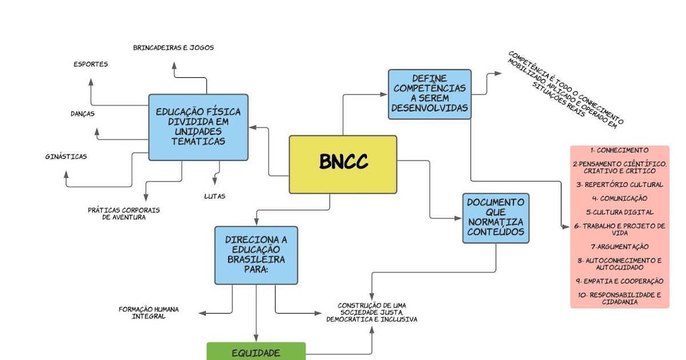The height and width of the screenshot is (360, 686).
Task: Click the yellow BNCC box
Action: click(x=342, y=164)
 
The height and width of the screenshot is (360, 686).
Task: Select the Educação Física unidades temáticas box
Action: click(x=198, y=127)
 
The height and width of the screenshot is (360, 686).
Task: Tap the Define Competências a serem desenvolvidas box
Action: click(x=429, y=94)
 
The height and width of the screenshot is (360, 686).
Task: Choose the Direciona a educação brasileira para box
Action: click(x=256, y=255)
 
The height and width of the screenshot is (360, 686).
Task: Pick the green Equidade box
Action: click(x=256, y=353)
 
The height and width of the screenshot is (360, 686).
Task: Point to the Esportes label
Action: click(x=90, y=64)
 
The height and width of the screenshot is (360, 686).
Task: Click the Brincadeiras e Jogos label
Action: click(x=173, y=48)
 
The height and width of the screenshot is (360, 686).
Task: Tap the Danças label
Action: click(x=82, y=114)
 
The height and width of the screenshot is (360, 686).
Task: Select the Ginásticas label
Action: click(x=66, y=157)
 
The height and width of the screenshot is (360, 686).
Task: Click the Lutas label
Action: click(x=214, y=197)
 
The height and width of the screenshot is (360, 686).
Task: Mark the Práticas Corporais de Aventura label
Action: click(x=123, y=213)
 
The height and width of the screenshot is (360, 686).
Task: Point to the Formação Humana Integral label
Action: click(x=149, y=313)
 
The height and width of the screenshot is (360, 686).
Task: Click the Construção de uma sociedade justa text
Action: click(x=372, y=313)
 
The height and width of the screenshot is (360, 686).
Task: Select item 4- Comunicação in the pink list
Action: click(x=620, y=198)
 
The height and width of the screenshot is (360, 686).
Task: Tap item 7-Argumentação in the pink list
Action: click(x=620, y=246)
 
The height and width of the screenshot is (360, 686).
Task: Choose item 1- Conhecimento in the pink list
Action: click(x=620, y=150)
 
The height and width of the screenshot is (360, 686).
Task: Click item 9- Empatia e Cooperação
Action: click(x=620, y=281)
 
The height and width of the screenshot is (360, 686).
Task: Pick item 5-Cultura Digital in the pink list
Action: click(x=620, y=212)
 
